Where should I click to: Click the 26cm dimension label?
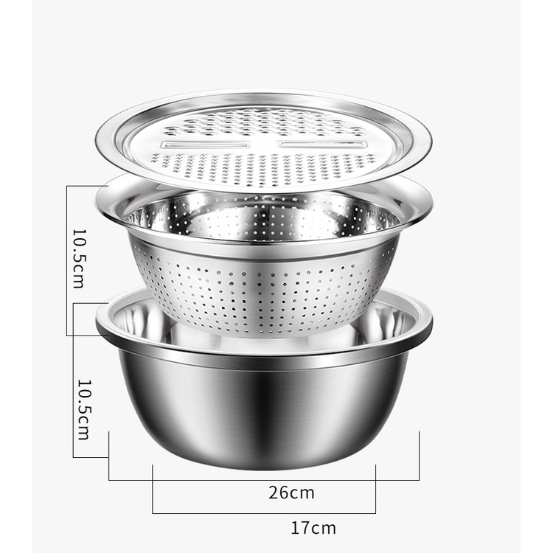point(291,493)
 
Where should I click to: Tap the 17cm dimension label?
point(313,529)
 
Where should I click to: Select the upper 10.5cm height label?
point(79,260)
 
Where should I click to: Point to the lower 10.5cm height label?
point(84,410)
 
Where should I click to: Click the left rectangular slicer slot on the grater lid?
point(204,145)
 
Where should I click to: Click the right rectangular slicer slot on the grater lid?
point(320,145)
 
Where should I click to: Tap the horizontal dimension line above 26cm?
point(264,480)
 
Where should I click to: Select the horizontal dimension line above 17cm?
point(264,513)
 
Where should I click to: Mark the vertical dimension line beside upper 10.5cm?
point(66,260)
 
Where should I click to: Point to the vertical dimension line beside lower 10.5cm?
point(73,380)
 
